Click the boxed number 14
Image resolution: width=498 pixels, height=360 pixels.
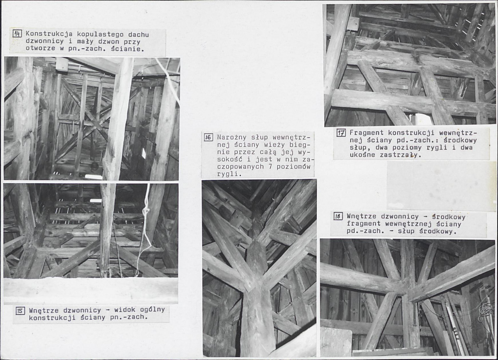(17, 33)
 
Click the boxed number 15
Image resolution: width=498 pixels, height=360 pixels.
(20, 311)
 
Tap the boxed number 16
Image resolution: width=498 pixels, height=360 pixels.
(208, 137)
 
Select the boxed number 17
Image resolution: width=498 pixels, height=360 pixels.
(341, 133)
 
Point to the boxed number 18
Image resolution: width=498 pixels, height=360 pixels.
(338, 217)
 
